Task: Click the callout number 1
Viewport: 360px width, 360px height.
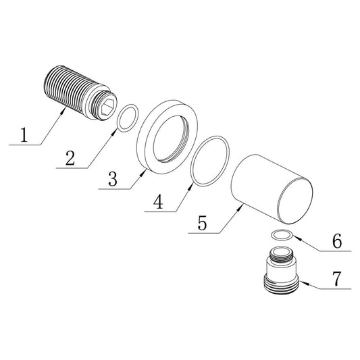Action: tap(24, 135)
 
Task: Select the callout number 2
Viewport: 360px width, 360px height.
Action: tap(70, 157)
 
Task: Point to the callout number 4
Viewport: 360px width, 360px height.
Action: tap(159, 201)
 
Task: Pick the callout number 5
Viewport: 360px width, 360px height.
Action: tap(202, 223)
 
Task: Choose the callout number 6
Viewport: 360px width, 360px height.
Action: tap(337, 241)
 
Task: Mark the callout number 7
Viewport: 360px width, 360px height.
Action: tap(336, 278)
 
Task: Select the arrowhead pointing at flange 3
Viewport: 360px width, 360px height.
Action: tap(143, 173)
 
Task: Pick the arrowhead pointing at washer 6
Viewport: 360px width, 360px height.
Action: tap(297, 238)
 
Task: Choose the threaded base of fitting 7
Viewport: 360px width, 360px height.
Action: tap(281, 284)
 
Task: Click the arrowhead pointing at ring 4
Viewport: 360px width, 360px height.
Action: tap(190, 188)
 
